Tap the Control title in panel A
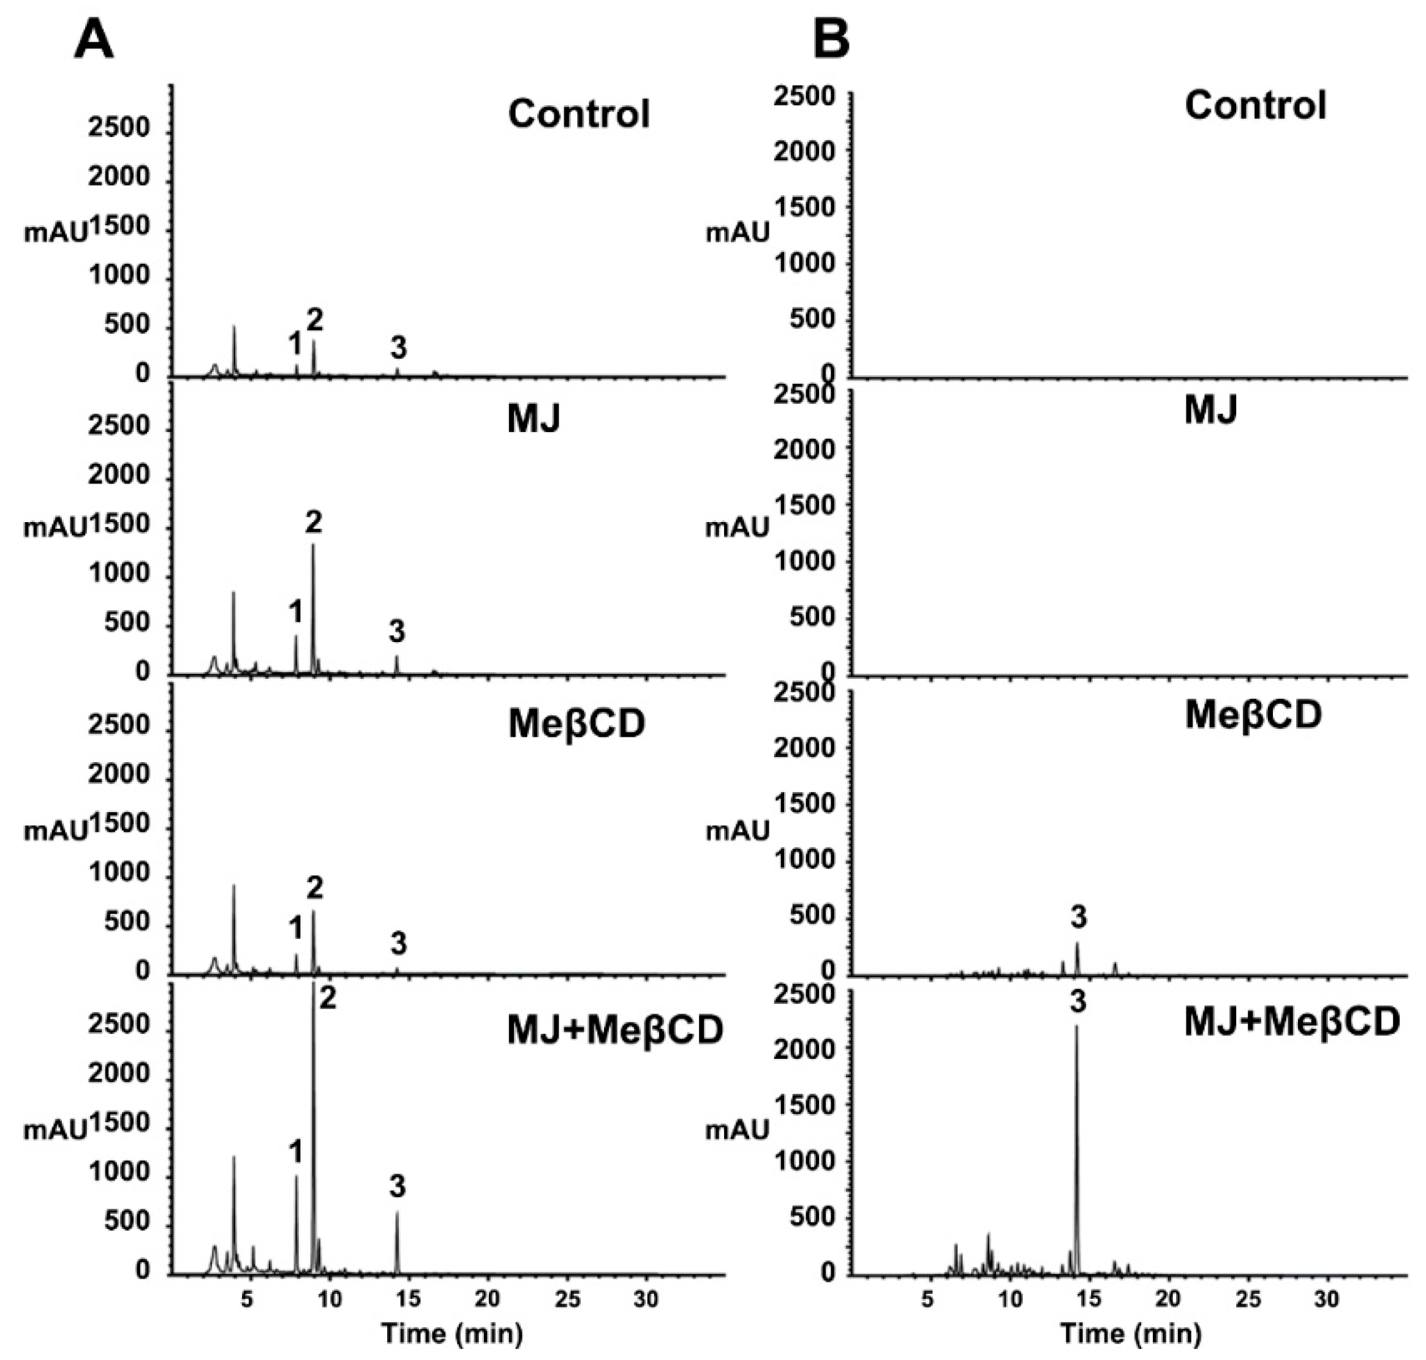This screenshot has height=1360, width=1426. (x=578, y=114)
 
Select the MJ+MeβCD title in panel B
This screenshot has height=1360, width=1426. (x=1292, y=1023)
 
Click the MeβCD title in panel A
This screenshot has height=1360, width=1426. (x=576, y=724)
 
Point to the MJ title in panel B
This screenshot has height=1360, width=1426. (x=1210, y=410)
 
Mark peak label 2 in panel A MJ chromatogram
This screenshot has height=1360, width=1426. (x=314, y=522)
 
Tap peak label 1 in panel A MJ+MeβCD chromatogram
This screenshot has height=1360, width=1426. (x=295, y=1152)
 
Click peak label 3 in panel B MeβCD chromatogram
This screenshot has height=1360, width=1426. (x=1079, y=917)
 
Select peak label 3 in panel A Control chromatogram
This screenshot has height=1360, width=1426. (x=398, y=349)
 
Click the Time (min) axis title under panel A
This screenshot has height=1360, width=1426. (x=452, y=1332)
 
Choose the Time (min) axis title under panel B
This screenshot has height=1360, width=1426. (x=1131, y=1332)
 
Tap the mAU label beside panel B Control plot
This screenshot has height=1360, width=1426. (x=738, y=233)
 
